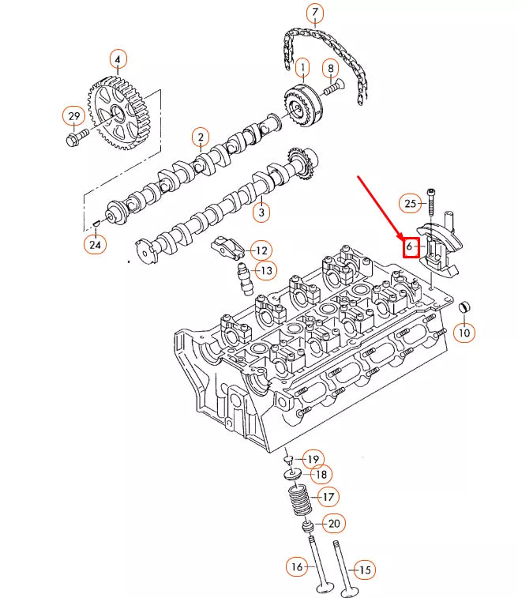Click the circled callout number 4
(x=117, y=59)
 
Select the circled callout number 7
(x=314, y=13)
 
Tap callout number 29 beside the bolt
(x=73, y=117)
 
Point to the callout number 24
(x=94, y=244)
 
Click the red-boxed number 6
(x=411, y=247)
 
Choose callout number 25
(x=409, y=203)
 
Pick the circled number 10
(x=464, y=333)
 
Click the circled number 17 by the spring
(x=326, y=497)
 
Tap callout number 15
(x=364, y=569)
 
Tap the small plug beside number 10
(x=466, y=307)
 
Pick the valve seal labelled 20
(x=308, y=525)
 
